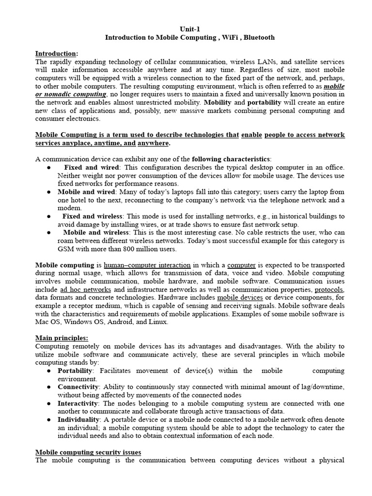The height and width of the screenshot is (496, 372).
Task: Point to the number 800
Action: pos(131,249)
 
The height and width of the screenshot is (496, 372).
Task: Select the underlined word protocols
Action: pos(329,289)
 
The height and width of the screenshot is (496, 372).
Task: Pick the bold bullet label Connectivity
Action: pos(78,387)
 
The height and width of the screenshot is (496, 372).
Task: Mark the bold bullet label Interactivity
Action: pos(78,403)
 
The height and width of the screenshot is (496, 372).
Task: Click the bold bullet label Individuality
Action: pos(79,419)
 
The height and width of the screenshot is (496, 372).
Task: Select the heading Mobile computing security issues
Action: pos(88,452)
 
